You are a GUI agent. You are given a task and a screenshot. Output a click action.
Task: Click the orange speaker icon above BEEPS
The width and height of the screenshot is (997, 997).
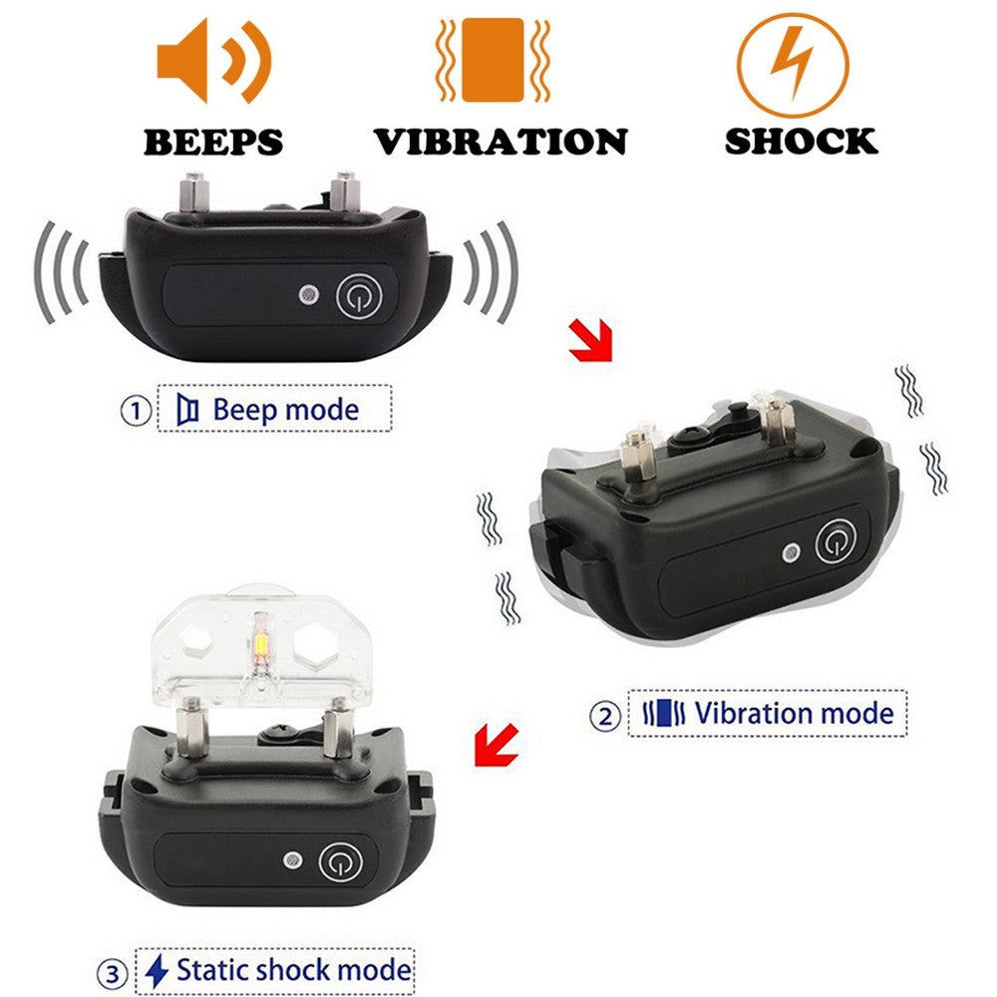[x=212, y=62]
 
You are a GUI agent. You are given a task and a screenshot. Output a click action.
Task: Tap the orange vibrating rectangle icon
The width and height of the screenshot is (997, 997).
[x=493, y=60]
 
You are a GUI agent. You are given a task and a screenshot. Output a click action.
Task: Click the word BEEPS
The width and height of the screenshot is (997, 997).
[x=212, y=142]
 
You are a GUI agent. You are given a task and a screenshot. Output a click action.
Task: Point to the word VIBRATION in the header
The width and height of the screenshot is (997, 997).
[x=500, y=142]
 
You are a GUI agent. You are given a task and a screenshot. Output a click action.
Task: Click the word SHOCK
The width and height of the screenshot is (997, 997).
[x=801, y=141]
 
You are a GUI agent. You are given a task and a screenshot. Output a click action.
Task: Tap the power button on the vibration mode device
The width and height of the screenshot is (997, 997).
[x=835, y=543]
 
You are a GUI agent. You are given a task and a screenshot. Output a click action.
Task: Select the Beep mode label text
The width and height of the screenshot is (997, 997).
[x=285, y=409]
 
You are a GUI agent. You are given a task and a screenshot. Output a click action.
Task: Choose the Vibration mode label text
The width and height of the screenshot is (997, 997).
[x=794, y=714]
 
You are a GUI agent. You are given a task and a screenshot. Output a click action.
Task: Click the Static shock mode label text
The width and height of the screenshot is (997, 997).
[x=293, y=970]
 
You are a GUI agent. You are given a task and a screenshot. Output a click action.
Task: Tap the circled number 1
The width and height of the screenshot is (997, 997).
[x=136, y=411]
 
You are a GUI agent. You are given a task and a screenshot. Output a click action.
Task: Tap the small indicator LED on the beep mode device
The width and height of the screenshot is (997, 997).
[x=309, y=295]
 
